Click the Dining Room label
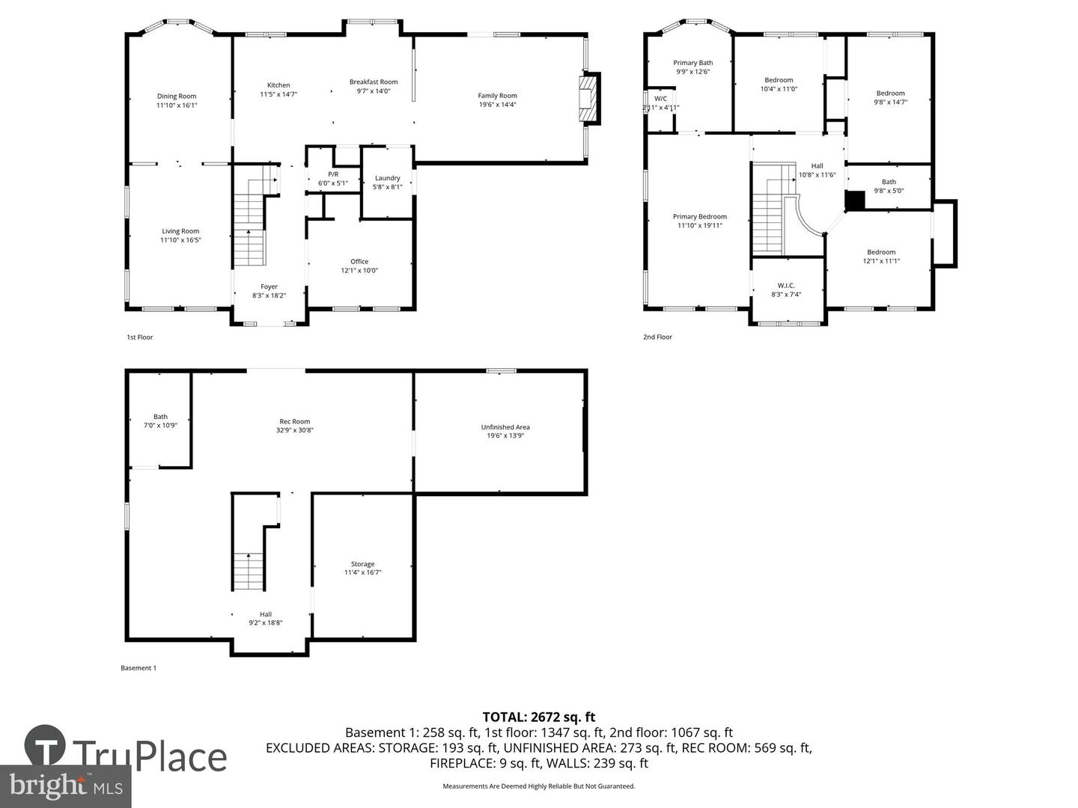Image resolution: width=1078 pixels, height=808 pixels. (177, 96)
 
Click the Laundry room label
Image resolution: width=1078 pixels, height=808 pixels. (388, 178)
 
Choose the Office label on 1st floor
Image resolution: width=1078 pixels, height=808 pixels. (359, 261)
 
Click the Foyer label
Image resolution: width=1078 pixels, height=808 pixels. (269, 287)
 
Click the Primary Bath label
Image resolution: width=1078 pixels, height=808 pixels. (692, 63)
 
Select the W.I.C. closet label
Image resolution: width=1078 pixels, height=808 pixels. (786, 285)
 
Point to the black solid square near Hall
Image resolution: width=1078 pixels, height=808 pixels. (854, 201)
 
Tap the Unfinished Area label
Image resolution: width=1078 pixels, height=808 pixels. (505, 427)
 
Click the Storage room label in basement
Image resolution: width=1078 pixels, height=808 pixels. (362, 564)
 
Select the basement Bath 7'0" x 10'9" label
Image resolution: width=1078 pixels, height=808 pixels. (160, 417)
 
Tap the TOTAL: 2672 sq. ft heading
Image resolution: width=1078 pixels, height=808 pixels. (539, 717)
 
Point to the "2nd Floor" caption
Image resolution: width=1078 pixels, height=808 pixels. (657, 337)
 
